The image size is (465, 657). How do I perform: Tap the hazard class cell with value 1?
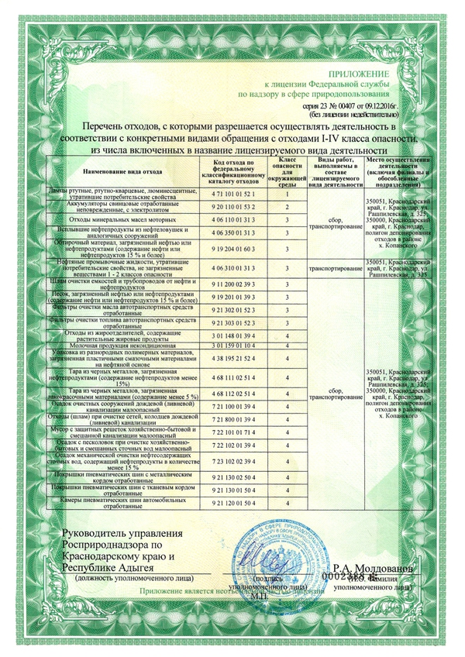click(x=287, y=193)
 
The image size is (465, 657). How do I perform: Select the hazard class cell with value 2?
click(x=287, y=207)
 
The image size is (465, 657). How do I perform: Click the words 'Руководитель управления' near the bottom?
click(x=127, y=535)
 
